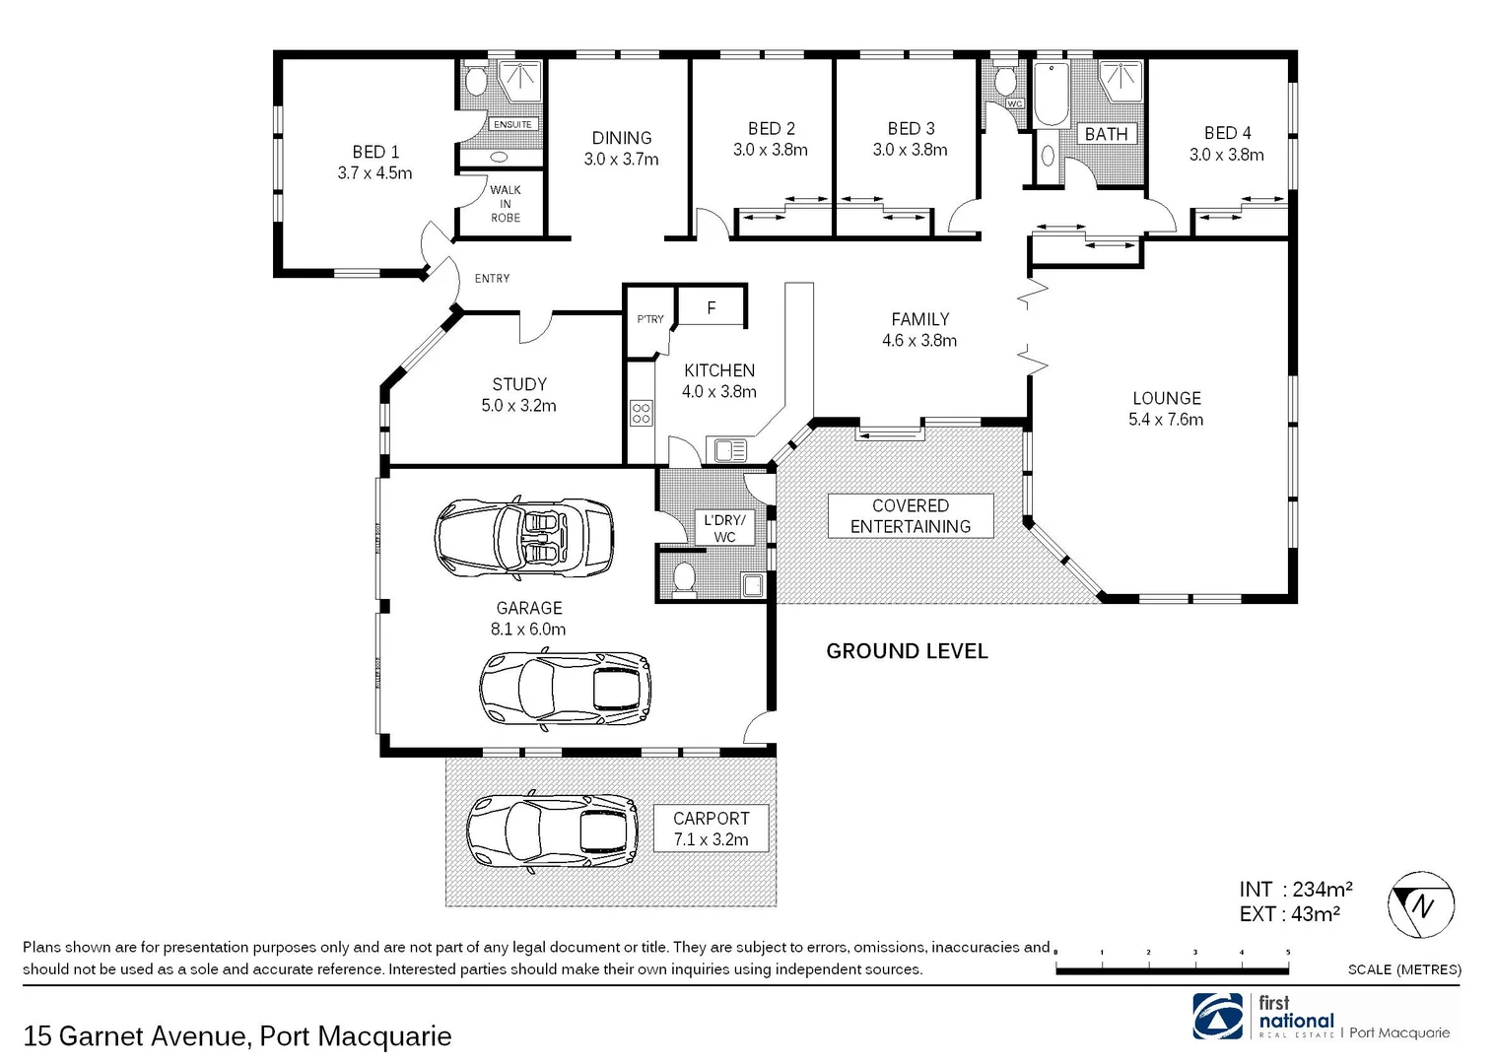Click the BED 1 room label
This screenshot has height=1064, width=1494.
coord(374,163)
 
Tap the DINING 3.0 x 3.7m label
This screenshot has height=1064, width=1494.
coord(621,149)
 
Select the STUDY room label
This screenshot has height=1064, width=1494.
coord(518,394)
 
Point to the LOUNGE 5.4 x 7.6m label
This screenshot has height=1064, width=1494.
coord(1166,409)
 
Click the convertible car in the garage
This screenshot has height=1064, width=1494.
coord(523,537)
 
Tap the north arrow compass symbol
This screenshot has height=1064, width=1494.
coord(1421,904)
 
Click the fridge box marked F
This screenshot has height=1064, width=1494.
coord(712,308)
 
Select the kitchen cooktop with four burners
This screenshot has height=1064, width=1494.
coord(641,413)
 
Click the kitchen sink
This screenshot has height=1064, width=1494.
coord(730,450)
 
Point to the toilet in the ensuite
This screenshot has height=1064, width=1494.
coord(475,81)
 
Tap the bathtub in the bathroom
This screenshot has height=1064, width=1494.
coord(1051,95)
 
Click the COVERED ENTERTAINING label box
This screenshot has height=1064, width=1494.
coord(910,516)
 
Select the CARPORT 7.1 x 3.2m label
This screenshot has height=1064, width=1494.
coord(711,829)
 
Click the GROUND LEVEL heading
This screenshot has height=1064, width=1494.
coord(907,651)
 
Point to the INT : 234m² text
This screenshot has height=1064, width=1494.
coord(1295,890)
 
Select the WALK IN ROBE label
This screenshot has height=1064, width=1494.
coord(505,204)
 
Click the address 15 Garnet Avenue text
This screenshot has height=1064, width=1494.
coord(237,1036)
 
